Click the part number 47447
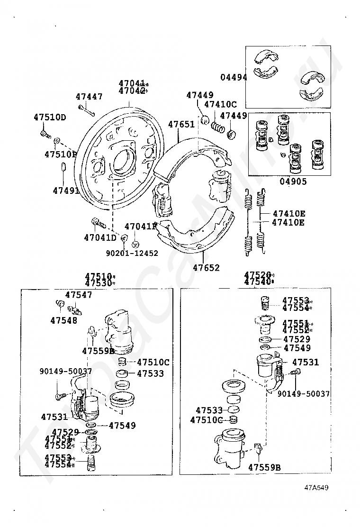(89, 97)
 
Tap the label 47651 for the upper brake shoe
(181, 124)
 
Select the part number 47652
(206, 267)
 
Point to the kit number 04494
(234, 77)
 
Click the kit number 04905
(293, 181)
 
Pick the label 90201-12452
(132, 253)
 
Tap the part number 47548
(63, 320)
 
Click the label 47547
(79, 295)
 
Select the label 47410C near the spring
(220, 104)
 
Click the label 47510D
(50, 117)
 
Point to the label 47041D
(100, 237)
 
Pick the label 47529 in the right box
(297, 339)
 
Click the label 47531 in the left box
(54, 417)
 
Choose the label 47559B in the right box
(265, 467)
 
